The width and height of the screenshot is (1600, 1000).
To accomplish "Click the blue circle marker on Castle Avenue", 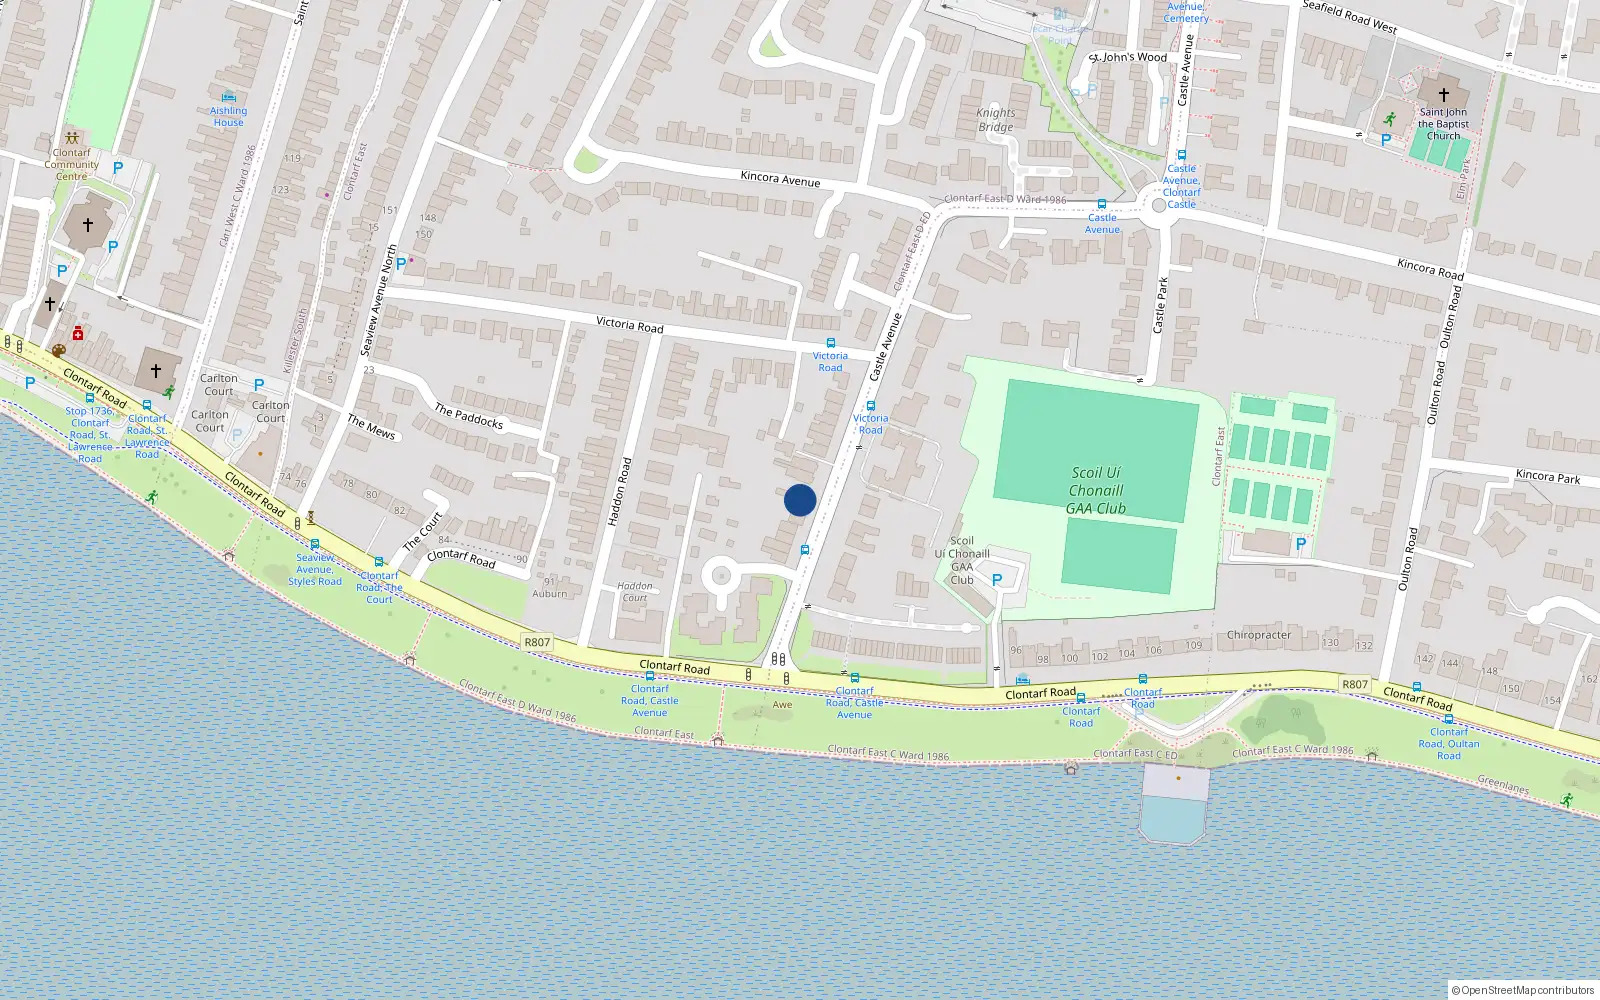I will pyautogui.click(x=800, y=500).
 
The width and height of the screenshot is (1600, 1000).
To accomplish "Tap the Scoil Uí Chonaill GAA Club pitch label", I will pyautogui.click(x=1096, y=490).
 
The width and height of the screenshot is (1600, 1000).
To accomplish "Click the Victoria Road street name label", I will pyautogui.click(x=629, y=324).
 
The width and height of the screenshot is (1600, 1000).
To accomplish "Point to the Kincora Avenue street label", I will pyautogui.click(x=780, y=179).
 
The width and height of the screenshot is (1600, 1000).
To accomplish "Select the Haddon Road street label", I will pyautogui.click(x=621, y=491).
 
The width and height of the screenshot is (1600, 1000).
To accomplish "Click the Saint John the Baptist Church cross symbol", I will pyautogui.click(x=1443, y=94).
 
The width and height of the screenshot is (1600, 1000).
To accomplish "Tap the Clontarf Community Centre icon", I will pyautogui.click(x=71, y=138).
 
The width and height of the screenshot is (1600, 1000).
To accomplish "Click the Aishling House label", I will pyautogui.click(x=228, y=116).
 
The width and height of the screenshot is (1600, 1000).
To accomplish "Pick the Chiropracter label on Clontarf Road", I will pyautogui.click(x=1258, y=635).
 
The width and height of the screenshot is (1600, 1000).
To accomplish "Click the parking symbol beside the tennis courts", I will pyautogui.click(x=1300, y=544).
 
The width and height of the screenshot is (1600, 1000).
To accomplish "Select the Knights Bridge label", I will pyautogui.click(x=995, y=120).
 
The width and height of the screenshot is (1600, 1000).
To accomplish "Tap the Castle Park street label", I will pyautogui.click(x=1160, y=305).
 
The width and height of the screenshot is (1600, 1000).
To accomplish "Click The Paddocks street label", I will pyautogui.click(x=468, y=416).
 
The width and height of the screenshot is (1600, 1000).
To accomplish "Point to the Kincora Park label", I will pyautogui.click(x=1547, y=476).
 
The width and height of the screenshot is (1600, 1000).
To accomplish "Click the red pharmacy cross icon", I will pyautogui.click(x=78, y=333).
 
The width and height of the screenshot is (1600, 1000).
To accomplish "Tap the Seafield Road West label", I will pyautogui.click(x=1349, y=16).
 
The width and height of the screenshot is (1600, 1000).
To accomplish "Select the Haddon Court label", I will pyautogui.click(x=635, y=592).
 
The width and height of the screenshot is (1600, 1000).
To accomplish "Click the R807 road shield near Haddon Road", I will pyautogui.click(x=537, y=643).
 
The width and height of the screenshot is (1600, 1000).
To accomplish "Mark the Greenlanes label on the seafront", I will pyautogui.click(x=1503, y=786).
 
